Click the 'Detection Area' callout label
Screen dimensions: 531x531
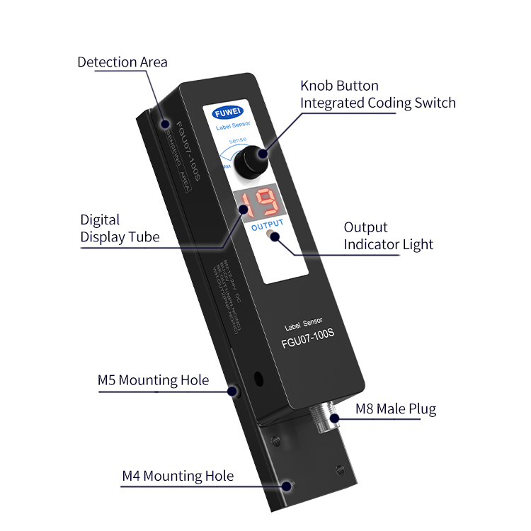pyautogui.click(x=122, y=62)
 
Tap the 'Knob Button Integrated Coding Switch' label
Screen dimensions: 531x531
pyautogui.click(x=377, y=94)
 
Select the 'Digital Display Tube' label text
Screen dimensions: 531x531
pyautogui.click(x=120, y=228)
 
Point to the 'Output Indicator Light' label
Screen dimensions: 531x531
pyautogui.click(x=388, y=236)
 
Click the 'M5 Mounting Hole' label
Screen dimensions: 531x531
pyautogui.click(x=153, y=380)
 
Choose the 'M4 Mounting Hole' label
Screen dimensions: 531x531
pyautogui.click(x=178, y=476)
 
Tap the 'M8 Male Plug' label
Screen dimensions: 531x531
pyautogui.click(x=395, y=409)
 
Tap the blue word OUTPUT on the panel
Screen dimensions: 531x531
pyautogui.click(x=268, y=224)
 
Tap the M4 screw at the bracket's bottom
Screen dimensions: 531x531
pyautogui.click(x=287, y=486)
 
